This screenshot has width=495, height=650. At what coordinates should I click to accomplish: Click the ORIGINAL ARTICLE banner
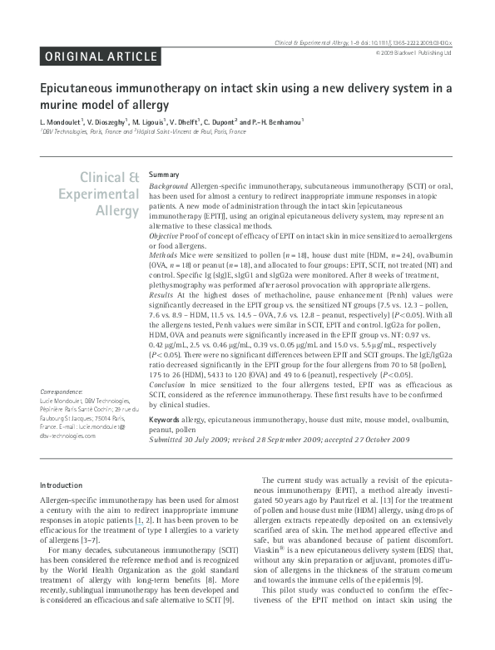click(99, 57)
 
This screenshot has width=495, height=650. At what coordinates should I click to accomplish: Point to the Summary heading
click(163, 175)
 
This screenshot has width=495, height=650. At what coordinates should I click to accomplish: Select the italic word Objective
click(165, 237)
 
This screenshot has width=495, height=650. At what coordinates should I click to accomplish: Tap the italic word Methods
click(163, 255)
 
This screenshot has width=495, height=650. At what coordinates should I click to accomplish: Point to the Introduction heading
click(62, 485)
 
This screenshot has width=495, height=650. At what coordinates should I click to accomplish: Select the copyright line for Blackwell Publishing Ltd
click(413, 52)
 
